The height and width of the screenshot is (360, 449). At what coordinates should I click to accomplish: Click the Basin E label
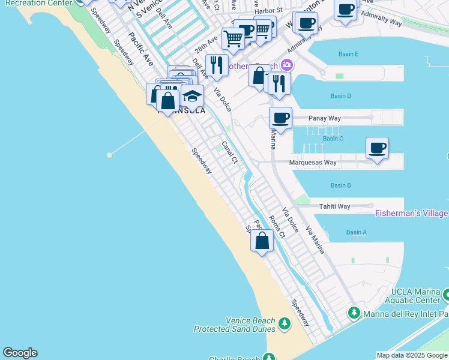(348, 54)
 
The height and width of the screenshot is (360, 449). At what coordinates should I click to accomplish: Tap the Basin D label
(340, 96)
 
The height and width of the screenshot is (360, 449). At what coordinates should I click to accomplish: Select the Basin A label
(356, 232)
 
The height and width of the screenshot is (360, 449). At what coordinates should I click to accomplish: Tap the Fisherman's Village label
(411, 214)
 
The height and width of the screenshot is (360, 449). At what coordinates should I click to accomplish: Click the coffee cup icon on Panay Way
(280, 117)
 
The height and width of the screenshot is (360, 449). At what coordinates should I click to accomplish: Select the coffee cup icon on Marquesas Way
(377, 148)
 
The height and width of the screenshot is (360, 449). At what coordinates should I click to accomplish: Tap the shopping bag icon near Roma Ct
(262, 241)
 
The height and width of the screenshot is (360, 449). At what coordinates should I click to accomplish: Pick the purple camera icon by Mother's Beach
(287, 65)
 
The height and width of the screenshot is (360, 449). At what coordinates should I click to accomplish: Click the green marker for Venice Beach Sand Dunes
(284, 324)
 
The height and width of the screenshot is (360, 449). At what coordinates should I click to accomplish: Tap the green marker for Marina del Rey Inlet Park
(354, 313)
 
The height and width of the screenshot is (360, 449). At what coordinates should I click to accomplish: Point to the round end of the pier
(110, 155)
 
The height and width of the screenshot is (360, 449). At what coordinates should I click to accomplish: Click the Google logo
(20, 353)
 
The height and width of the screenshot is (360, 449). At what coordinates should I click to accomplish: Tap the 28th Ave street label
(205, 46)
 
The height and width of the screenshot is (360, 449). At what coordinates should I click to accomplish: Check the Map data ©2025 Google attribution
(412, 355)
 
